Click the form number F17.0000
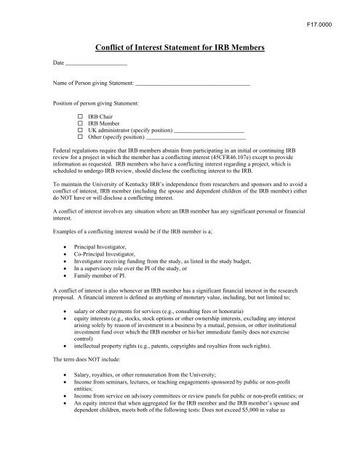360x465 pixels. coord(332,25)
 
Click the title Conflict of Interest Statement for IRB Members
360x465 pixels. coord(180,48)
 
